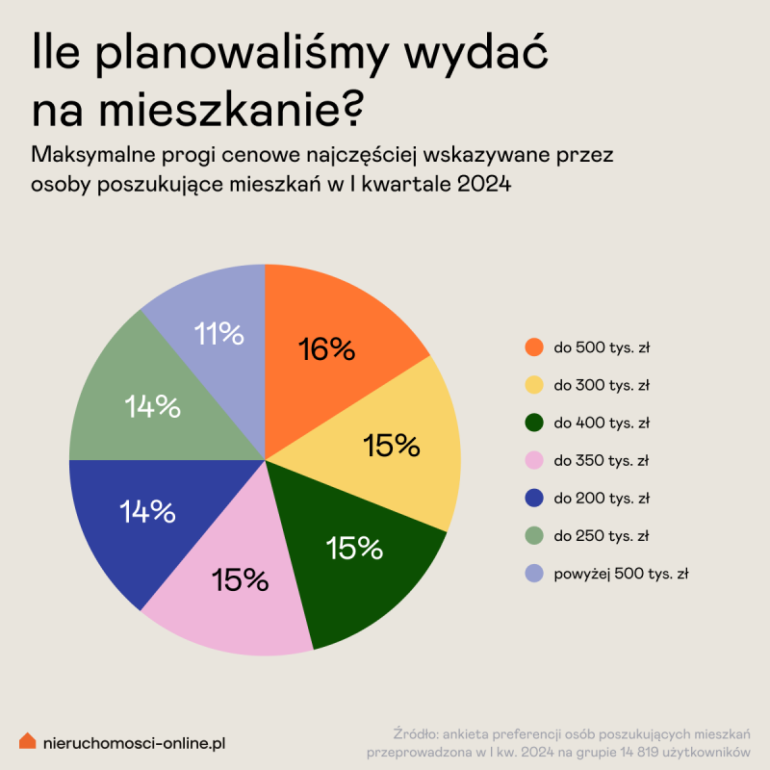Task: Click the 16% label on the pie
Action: click(327, 348)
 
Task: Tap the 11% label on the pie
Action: click(218, 334)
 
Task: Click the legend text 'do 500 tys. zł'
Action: click(602, 347)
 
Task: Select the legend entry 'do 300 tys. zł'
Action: click(602, 385)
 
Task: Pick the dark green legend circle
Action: click(533, 423)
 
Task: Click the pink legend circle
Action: click(533, 460)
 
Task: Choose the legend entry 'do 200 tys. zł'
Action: click(602, 499)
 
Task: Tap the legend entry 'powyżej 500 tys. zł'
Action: click(621, 574)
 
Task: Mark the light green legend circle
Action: click(533, 536)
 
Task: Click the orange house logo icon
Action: click(28, 741)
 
